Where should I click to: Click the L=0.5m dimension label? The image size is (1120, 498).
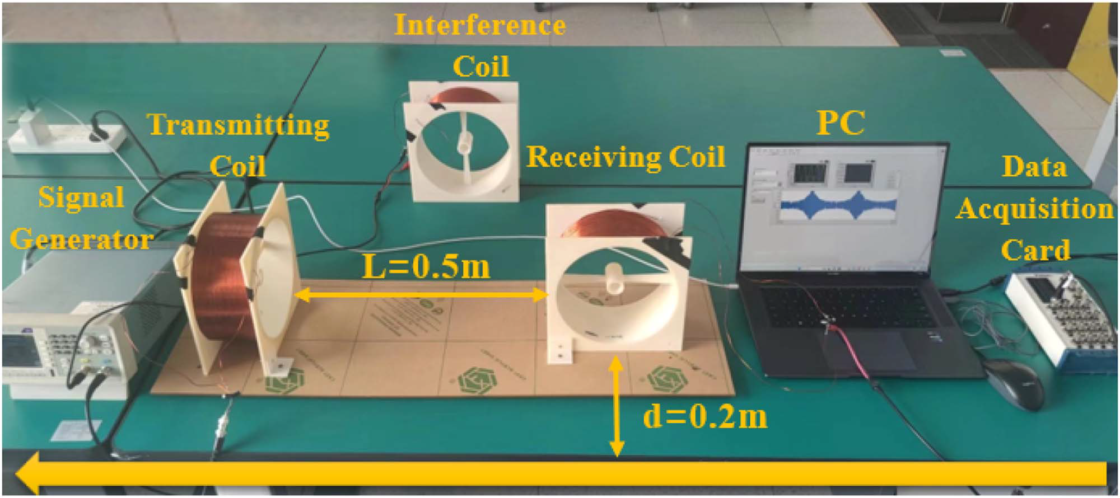tap(426, 267)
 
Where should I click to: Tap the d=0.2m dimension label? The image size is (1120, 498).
tap(704, 416)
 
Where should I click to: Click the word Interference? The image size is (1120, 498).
tap(479, 25)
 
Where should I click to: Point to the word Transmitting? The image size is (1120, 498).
tap(239, 125)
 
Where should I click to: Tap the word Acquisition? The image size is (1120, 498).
tap(1034, 209)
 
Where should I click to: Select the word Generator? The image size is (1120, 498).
tap(81, 239)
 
